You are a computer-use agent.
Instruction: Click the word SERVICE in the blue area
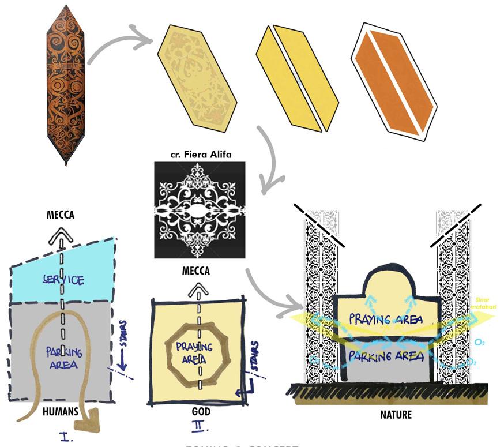[x=63, y=281]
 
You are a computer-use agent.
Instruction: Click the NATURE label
[x=396, y=414]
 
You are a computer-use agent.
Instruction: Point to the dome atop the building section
[x=381, y=282]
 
